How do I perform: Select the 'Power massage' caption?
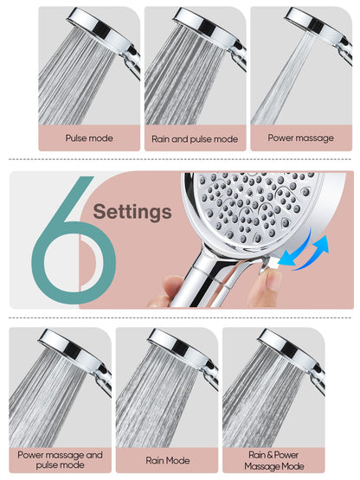tap(301, 138)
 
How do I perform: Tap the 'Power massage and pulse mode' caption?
tap(60, 459)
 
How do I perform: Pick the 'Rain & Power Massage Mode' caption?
tap(274, 459)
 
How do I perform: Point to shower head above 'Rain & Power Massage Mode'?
tap(286, 344)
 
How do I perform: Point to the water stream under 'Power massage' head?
tap(281, 86)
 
